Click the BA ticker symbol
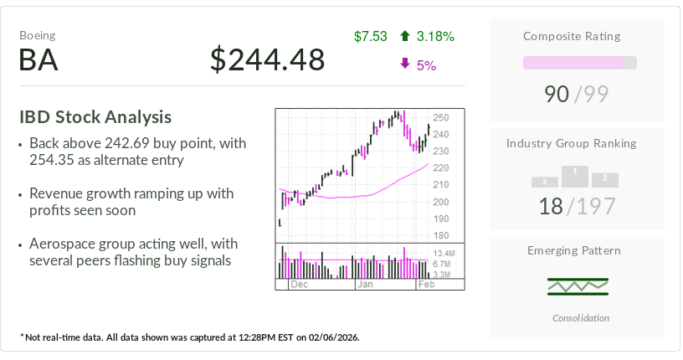(x=39, y=59)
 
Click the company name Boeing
(x=38, y=36)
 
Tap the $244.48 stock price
(x=267, y=59)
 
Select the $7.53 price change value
(x=371, y=36)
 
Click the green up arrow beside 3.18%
(x=405, y=36)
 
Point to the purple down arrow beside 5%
(x=405, y=64)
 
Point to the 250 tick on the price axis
(x=441, y=118)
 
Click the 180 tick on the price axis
(x=441, y=235)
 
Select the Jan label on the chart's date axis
(x=366, y=285)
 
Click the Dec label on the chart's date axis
(x=299, y=285)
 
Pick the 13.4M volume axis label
(x=444, y=253)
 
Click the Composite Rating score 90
(x=557, y=94)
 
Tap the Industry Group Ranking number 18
(x=551, y=206)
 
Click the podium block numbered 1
(x=574, y=176)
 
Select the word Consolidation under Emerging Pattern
(x=581, y=318)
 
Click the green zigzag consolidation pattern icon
(x=578, y=286)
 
